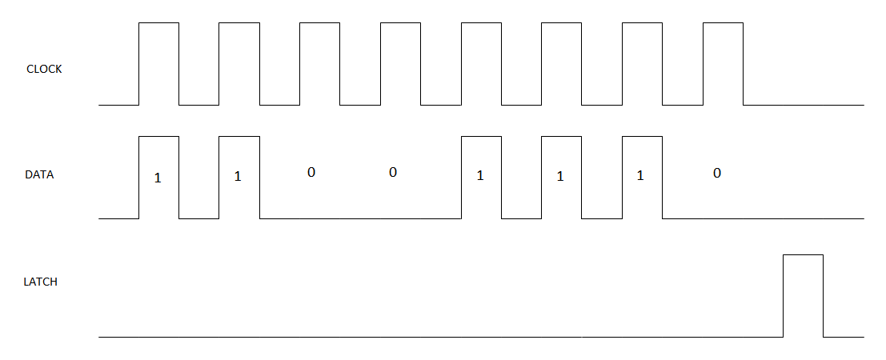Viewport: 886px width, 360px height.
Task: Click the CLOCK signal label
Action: tap(44, 69)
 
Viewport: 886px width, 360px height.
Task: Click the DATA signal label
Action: tap(39, 174)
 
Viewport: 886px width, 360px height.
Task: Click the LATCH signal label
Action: tap(41, 282)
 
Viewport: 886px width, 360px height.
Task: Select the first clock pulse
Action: tap(158, 64)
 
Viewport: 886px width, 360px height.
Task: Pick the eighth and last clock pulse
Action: tap(723, 64)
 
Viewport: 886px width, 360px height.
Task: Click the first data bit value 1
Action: tap(158, 178)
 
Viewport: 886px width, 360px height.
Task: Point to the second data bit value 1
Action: tap(238, 176)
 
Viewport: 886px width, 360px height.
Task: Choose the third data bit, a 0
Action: tap(311, 172)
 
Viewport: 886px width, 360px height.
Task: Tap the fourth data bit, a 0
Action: tap(392, 172)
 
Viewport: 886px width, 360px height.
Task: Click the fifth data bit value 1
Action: tap(480, 176)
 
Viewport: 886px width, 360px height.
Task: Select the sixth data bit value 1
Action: tap(560, 176)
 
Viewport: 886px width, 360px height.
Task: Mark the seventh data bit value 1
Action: tap(640, 176)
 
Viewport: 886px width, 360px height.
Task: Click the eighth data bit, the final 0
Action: tap(717, 172)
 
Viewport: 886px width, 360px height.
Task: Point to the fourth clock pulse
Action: tap(400, 64)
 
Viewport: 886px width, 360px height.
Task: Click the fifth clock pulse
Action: tap(482, 64)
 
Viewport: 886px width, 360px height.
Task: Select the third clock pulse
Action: tap(320, 64)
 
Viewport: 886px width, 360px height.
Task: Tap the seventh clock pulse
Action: tap(642, 64)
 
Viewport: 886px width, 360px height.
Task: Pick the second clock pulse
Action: tap(239, 64)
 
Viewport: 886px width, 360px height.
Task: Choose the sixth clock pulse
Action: tap(561, 64)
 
